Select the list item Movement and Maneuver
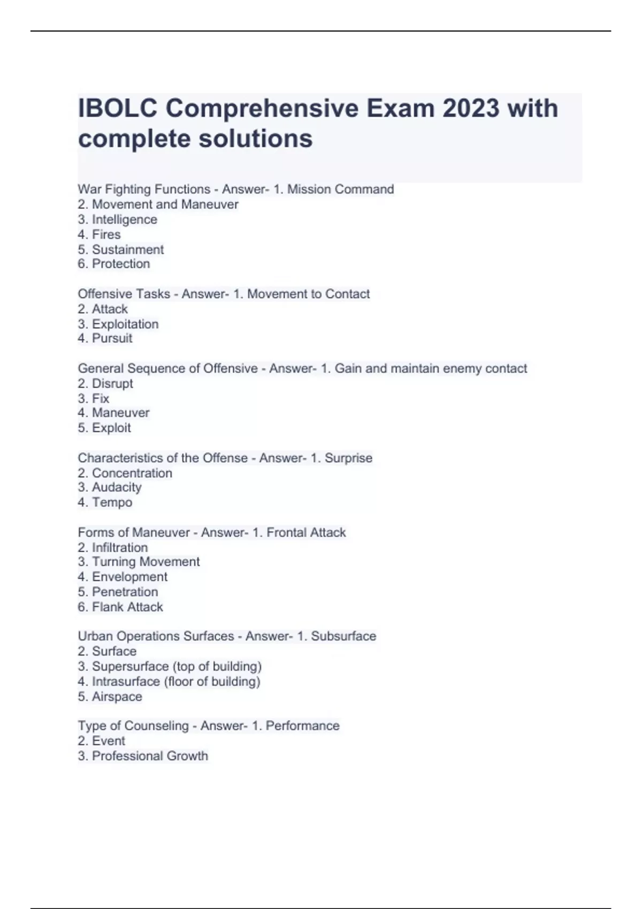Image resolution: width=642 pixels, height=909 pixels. point(165,204)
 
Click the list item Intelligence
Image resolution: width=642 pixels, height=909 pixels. point(124,219)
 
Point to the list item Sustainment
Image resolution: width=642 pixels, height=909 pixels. point(127,250)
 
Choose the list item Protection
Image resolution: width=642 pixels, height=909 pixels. point(120,264)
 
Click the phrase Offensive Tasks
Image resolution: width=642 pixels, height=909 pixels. point(124,294)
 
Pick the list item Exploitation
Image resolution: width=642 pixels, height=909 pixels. point(125,324)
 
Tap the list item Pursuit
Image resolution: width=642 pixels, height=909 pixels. point(112,338)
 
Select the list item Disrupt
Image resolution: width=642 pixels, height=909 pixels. point(112,383)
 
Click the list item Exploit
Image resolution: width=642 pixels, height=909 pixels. point(111,428)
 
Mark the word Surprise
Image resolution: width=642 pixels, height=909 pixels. point(348,458)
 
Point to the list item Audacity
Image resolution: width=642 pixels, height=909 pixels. point(116,487)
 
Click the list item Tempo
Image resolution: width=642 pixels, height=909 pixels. point(112,502)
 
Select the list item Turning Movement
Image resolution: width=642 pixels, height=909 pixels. point(146,561)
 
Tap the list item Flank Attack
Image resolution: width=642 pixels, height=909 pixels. point(127,607)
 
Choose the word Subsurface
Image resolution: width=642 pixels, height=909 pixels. point(343,636)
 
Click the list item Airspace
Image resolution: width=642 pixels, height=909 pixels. point(117,697)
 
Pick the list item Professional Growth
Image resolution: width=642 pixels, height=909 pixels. point(150,756)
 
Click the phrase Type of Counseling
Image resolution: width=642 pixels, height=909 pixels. point(133,726)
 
